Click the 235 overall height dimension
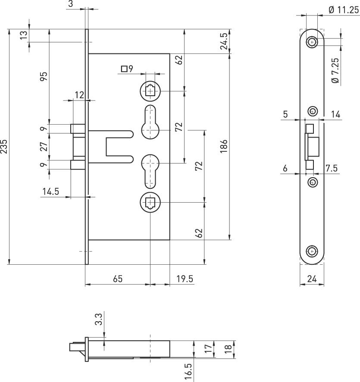(x=4, y=147)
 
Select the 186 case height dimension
(x=224, y=147)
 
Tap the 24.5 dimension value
(x=224, y=41)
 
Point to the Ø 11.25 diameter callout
(x=344, y=10)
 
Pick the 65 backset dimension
(x=118, y=279)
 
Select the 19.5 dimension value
(x=185, y=279)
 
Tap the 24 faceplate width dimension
(x=312, y=279)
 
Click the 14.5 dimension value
(x=51, y=191)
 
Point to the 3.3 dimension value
(x=98, y=319)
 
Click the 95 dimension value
(x=44, y=76)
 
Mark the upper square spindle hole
(x=150, y=91)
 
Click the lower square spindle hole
(x=150, y=203)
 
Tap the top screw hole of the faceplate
(x=312, y=42)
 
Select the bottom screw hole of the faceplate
(x=312, y=251)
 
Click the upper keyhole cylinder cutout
(x=150, y=122)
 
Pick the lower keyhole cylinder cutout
(x=150, y=171)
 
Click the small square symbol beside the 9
(x=124, y=69)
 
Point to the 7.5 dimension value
(x=332, y=168)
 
